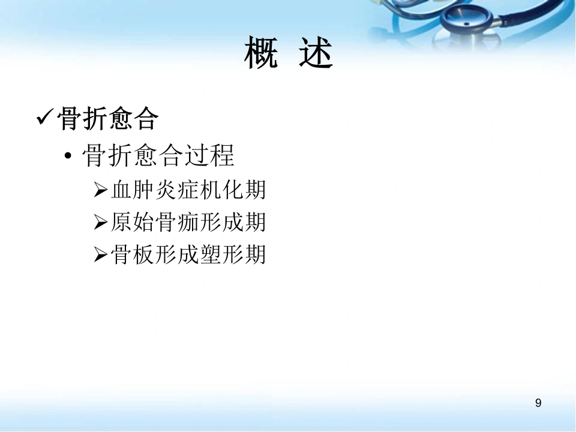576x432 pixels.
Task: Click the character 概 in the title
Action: tap(261, 52)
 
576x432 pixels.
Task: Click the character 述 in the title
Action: tap(316, 52)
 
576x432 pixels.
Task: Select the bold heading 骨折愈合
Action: tap(108, 118)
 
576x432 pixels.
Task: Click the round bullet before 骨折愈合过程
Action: tap(68, 156)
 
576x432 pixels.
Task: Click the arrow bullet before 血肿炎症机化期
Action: tap(101, 190)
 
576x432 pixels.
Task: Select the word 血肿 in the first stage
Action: tap(133, 190)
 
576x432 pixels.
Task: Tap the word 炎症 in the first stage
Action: tap(176, 190)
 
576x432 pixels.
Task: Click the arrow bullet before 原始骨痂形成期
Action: tap(101, 222)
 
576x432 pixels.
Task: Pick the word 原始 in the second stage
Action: tap(133, 222)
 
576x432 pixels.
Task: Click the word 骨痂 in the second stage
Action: tap(176, 222)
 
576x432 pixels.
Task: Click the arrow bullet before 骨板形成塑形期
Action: tap(101, 254)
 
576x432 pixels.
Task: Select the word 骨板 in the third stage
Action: tap(133, 254)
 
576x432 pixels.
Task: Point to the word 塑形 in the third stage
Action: tap(221, 254)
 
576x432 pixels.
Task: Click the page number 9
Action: tap(538, 403)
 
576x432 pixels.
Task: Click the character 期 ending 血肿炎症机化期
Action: tap(254, 190)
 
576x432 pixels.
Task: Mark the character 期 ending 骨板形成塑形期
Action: tap(254, 254)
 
